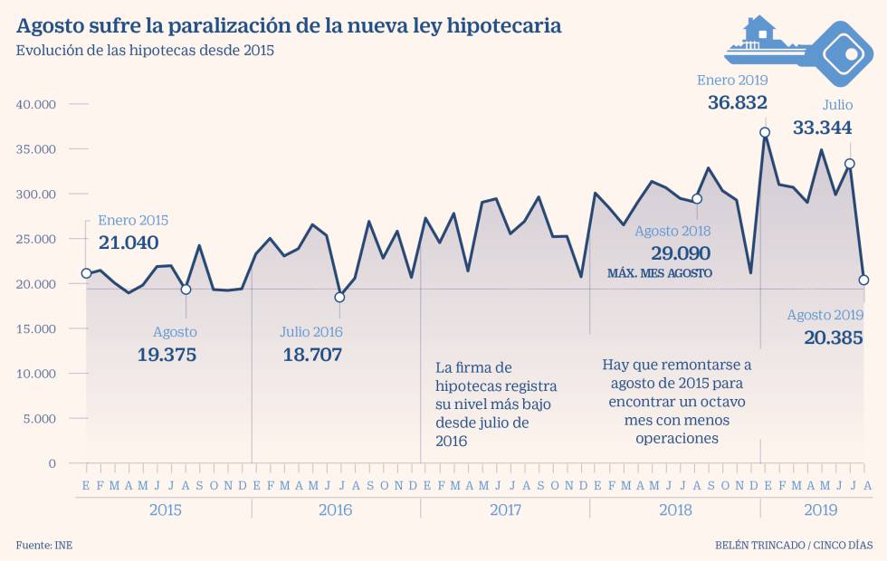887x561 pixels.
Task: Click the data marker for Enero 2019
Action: [765, 132]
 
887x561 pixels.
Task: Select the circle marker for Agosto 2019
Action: [863, 280]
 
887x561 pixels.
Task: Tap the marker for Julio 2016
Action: [339, 297]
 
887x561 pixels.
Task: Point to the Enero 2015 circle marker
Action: [86, 273]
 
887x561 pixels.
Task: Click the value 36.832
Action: [737, 103]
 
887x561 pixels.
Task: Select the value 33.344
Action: [822, 128]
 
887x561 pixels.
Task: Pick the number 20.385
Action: [833, 338]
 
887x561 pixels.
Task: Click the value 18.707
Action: [312, 355]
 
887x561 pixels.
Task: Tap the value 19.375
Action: [167, 355]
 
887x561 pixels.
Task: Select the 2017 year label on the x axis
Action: [505, 510]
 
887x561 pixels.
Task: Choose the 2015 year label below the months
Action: [165, 510]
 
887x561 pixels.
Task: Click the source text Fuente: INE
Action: [43, 546]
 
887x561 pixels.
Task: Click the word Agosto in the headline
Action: [52, 25]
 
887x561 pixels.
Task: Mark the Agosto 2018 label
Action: [672, 232]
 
